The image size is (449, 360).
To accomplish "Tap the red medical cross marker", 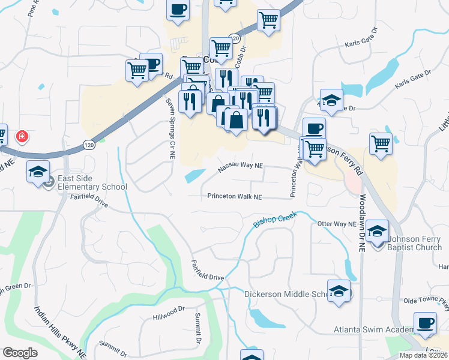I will [x=22, y=137].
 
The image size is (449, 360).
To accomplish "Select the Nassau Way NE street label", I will [x=240, y=166].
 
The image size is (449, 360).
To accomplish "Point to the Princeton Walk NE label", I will [x=235, y=196].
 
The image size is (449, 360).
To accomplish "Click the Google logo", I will [x=20, y=353].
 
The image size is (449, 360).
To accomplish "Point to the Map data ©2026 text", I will [x=424, y=355].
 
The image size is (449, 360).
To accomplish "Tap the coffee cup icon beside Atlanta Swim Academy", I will [x=426, y=322].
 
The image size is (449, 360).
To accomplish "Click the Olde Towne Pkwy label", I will [x=425, y=300].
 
